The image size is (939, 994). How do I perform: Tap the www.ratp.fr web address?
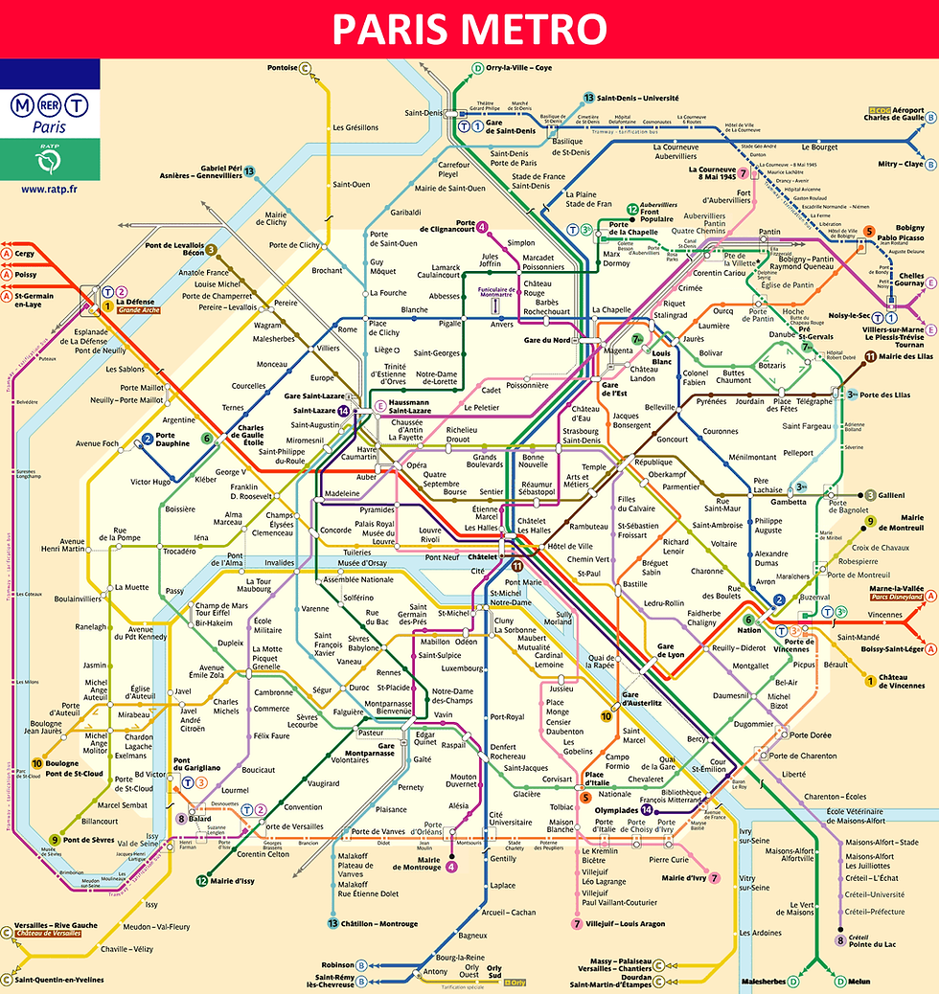[x=49, y=189]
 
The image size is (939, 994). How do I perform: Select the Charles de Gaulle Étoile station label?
[x=251, y=436]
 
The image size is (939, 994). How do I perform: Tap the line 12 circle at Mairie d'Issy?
[x=202, y=880]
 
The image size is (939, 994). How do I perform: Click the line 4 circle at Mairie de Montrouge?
[x=451, y=868]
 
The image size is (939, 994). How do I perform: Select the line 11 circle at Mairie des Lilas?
[x=870, y=357]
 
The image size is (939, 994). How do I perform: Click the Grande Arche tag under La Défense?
[x=138, y=310]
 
